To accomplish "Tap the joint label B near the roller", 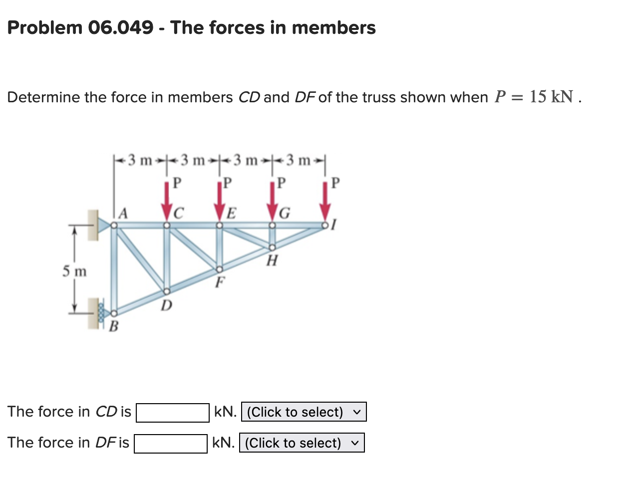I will pyautogui.click(x=114, y=327).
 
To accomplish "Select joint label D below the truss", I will pyautogui.click(x=166, y=304).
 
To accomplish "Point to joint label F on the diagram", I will pyautogui.click(x=219, y=282).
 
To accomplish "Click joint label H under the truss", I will pyautogui.click(x=272, y=260).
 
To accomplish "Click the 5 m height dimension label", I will pyautogui.click(x=74, y=271).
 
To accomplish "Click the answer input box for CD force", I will pyautogui.click(x=173, y=413).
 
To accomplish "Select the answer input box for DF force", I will pyautogui.click(x=171, y=444).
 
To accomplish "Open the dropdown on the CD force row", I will pyautogui.click(x=304, y=412).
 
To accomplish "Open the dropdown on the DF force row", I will pyautogui.click(x=302, y=443).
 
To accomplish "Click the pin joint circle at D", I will pyautogui.click(x=167, y=291).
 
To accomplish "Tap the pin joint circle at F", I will pyautogui.click(x=219, y=269).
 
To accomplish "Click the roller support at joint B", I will pyautogui.click(x=102, y=313).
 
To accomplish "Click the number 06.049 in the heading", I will pyautogui.click(x=121, y=27).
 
